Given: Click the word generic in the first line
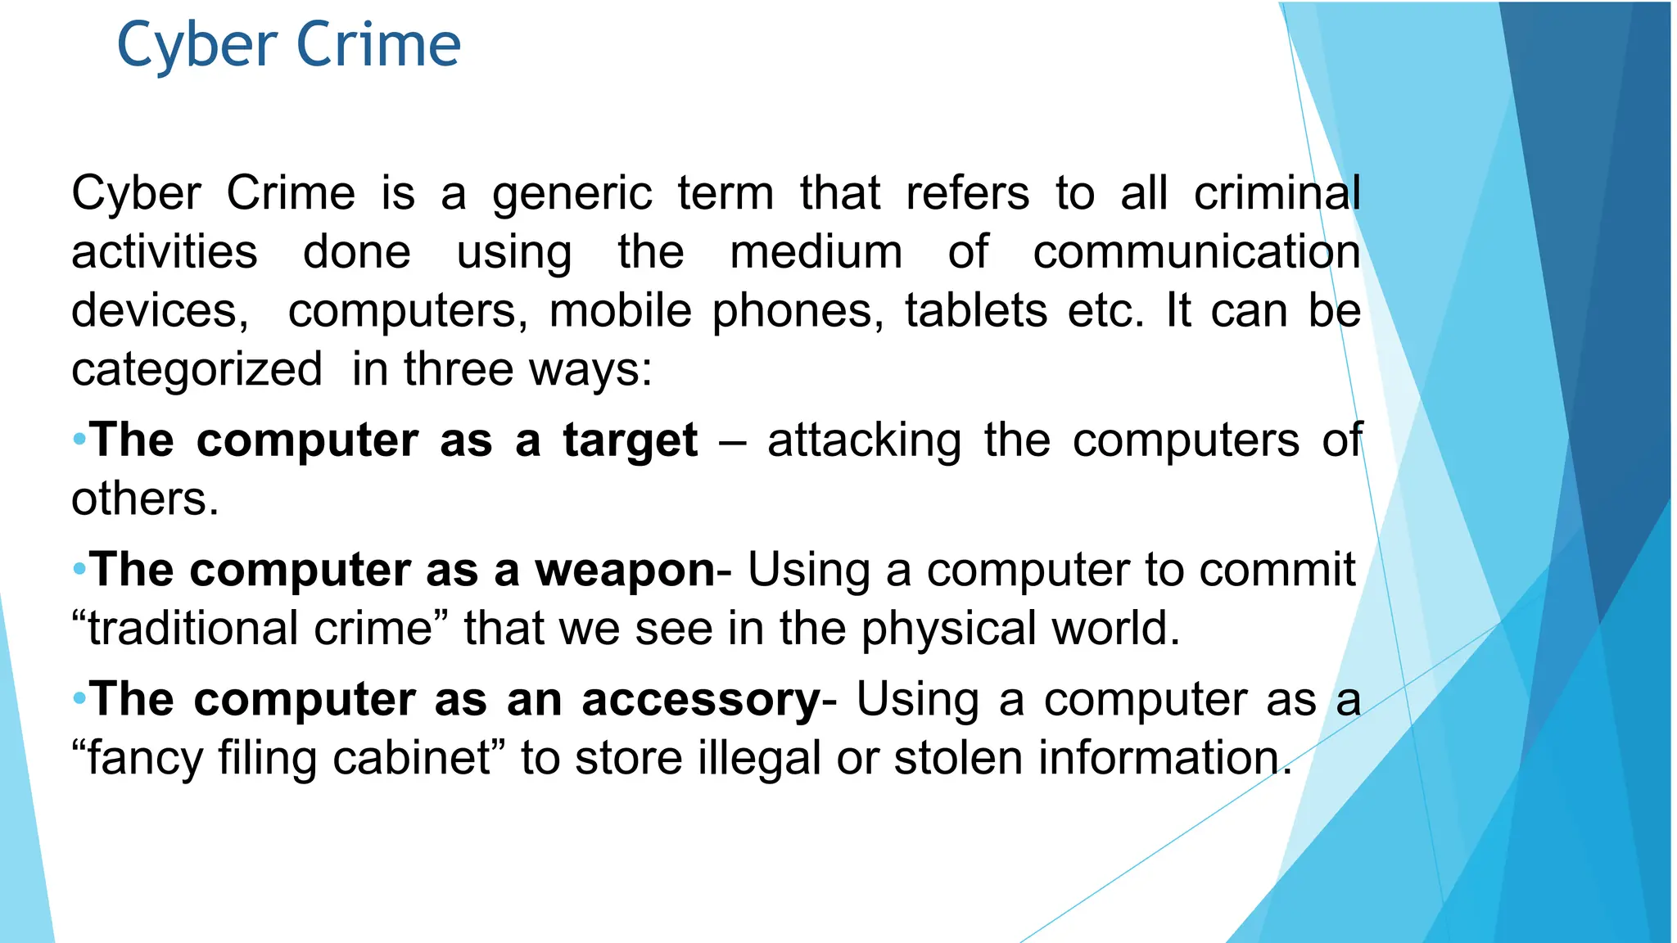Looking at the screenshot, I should coord(572,195).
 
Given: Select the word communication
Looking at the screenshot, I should coord(1196,252).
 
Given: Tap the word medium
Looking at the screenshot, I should coord(816,252).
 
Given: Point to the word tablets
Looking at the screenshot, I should coord(975,311).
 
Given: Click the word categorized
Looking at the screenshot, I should coord(197,370).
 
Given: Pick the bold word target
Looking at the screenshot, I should coord(630,440).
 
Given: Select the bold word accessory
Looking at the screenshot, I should coord(701,700).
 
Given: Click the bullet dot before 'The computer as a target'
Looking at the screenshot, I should coord(79,440).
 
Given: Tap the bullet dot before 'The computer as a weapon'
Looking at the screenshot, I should coord(79,568).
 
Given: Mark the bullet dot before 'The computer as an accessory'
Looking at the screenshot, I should coord(79,698).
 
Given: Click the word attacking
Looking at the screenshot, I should coord(864,440).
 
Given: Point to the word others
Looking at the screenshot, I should coord(144,499).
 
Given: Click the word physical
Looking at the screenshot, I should coord(949,629).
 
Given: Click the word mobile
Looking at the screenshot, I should coord(620,311).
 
